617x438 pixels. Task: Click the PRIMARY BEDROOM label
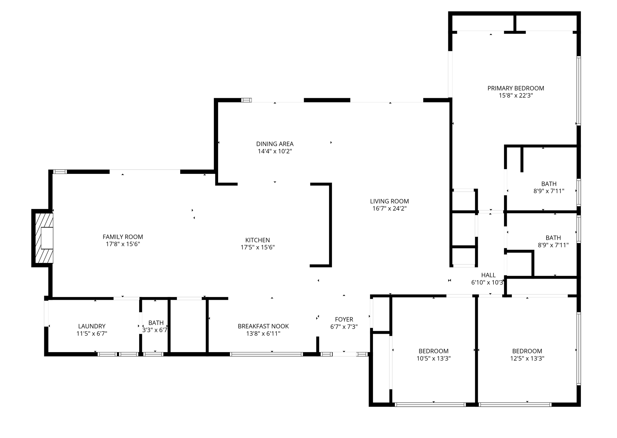click(x=516, y=88)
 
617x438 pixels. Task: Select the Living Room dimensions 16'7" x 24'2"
click(x=390, y=208)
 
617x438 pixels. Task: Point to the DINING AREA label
click(x=275, y=144)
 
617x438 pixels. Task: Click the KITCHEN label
click(x=258, y=240)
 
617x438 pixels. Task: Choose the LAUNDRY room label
click(x=92, y=326)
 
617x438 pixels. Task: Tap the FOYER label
click(x=344, y=319)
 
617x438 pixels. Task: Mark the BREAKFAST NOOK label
click(x=263, y=326)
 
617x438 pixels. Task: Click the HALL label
click(x=488, y=275)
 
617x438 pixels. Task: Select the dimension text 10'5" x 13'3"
click(x=434, y=358)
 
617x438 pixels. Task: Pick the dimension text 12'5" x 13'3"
click(x=527, y=358)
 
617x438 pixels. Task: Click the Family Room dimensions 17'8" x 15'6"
click(x=123, y=244)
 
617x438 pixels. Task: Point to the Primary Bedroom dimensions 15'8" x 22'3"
click(x=516, y=95)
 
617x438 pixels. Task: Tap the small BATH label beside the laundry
click(x=156, y=323)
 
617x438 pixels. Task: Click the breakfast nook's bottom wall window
click(x=266, y=354)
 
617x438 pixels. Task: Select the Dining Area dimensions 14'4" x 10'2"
click(x=275, y=151)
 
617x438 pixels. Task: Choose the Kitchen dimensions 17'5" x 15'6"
click(x=258, y=247)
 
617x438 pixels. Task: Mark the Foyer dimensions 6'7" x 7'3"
click(x=344, y=327)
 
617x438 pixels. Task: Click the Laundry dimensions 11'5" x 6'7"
click(x=92, y=333)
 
